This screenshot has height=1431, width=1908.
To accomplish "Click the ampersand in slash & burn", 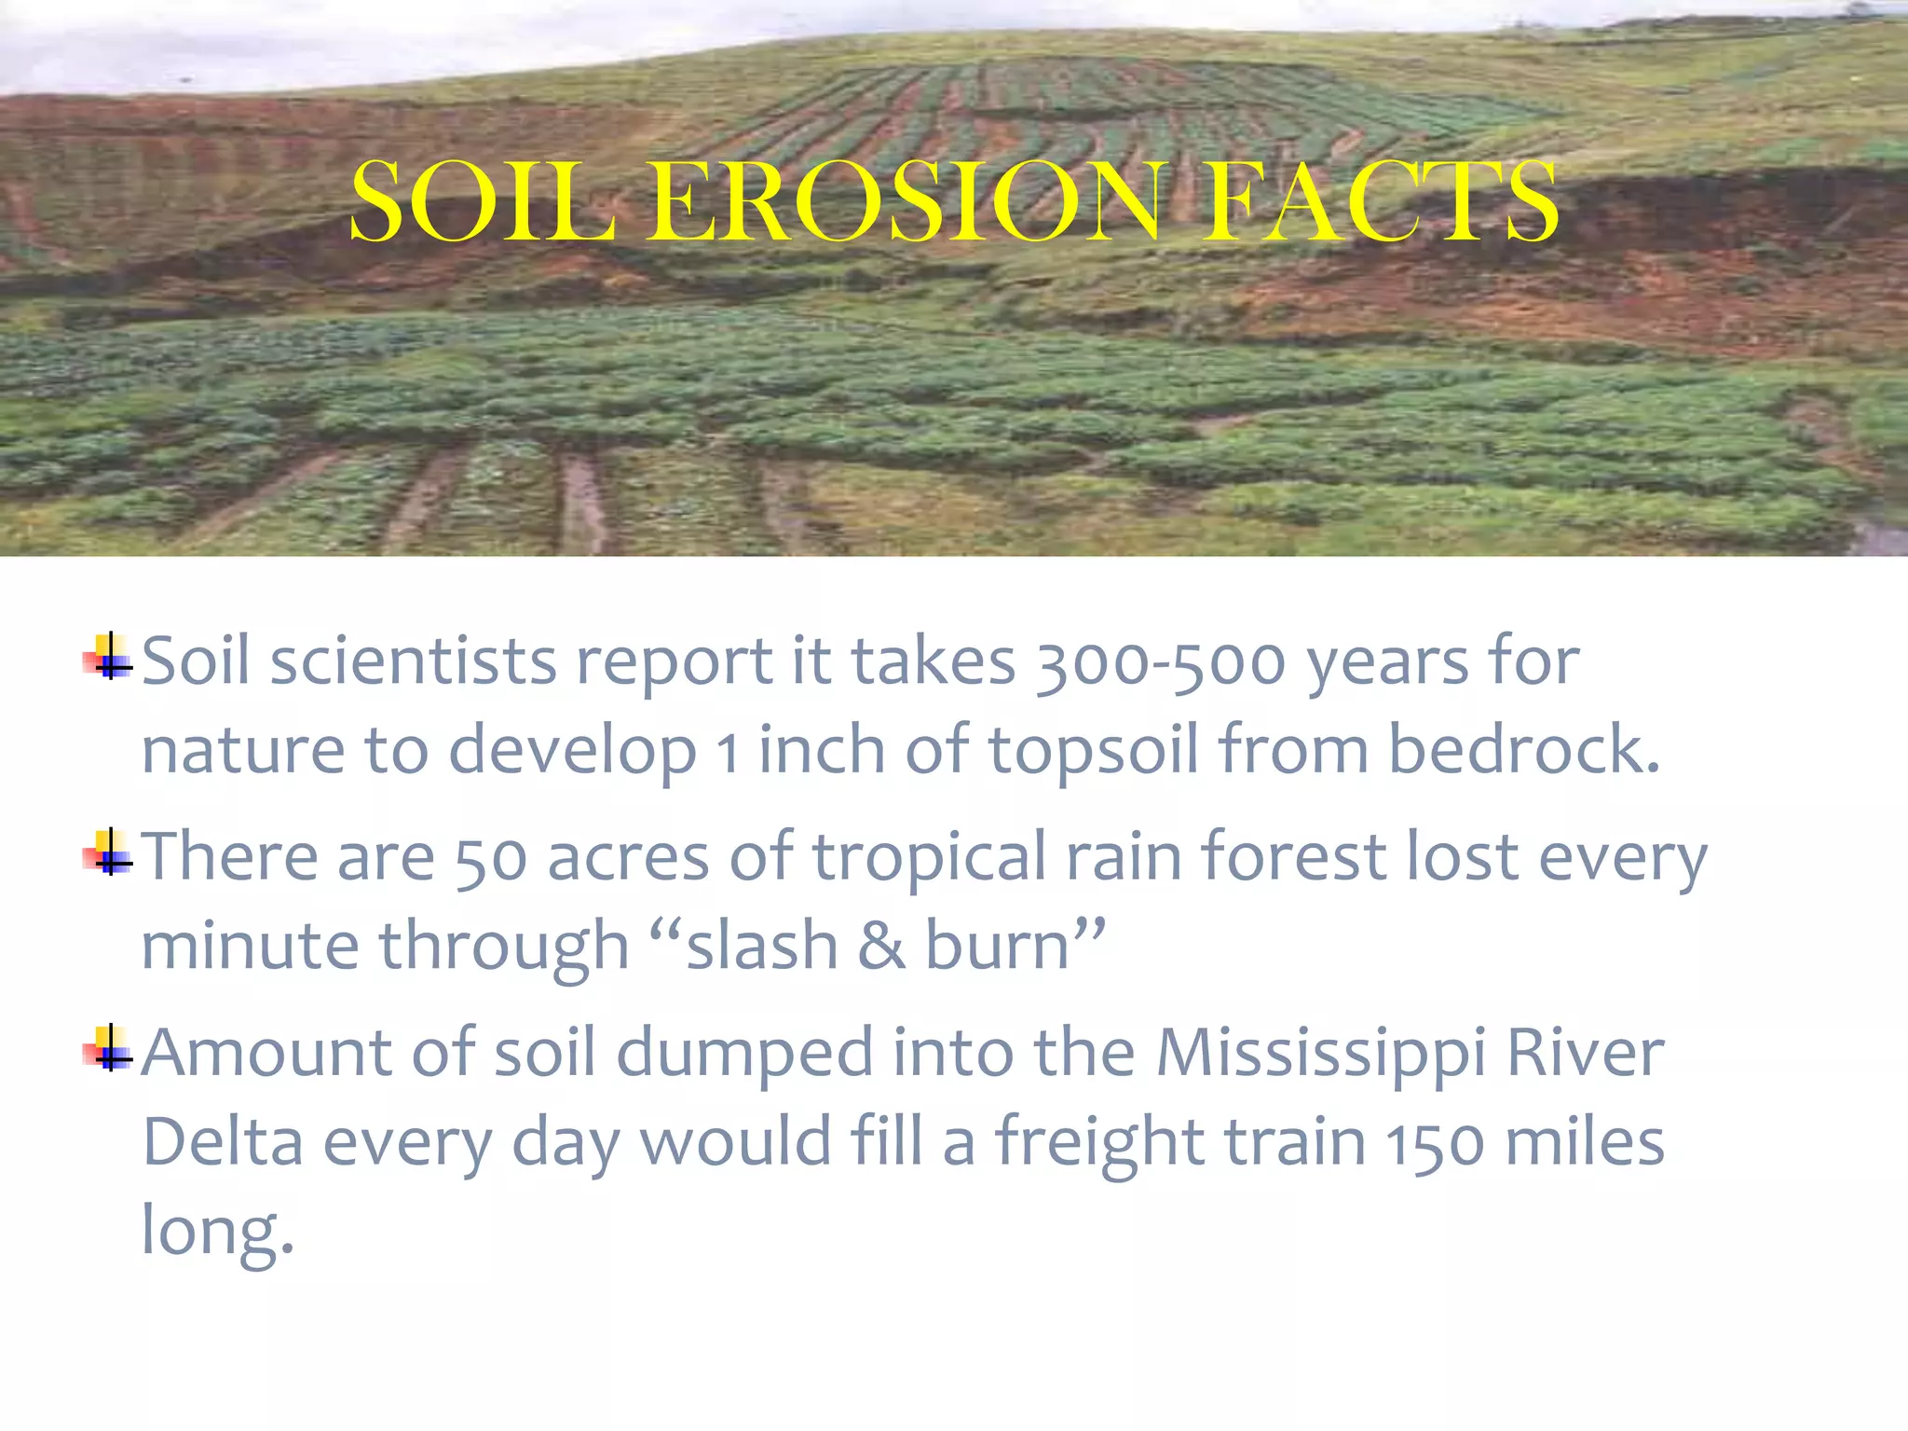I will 881,947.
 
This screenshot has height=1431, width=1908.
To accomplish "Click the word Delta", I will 223,1142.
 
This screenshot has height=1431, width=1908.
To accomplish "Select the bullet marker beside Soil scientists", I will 109,658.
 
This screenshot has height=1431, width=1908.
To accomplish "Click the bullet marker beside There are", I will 109,853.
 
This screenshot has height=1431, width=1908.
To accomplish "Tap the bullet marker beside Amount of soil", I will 109,1049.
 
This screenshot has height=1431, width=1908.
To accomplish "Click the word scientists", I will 413,662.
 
